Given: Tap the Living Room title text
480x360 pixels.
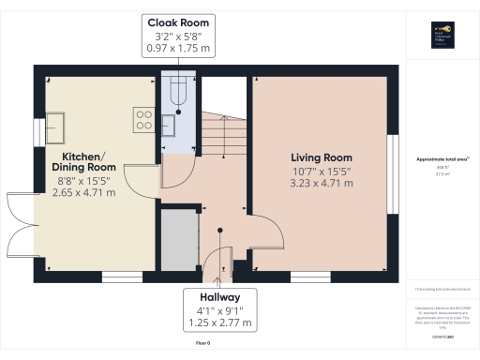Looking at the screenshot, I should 321,157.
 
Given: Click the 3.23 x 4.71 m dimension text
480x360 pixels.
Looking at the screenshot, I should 321,184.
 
